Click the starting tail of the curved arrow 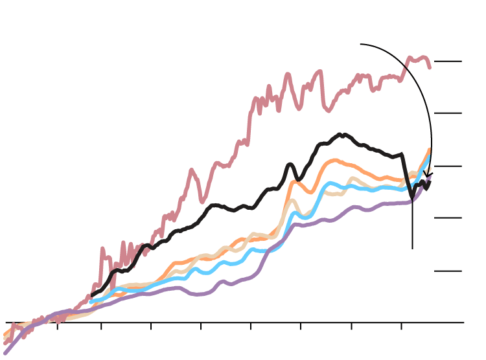pyautogui.click(x=361, y=45)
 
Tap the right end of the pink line pyautogui.click(x=429, y=67)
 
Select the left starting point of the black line pyautogui.click(x=93, y=295)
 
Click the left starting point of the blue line pyautogui.click(x=91, y=301)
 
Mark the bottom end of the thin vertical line pyautogui.click(x=412, y=249)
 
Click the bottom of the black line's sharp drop pyautogui.click(x=412, y=197)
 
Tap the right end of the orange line pyautogui.click(x=429, y=150)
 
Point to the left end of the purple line pyautogui.click(x=5, y=353)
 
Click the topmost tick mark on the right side pyautogui.click(x=448, y=62)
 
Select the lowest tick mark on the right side pyautogui.click(x=448, y=271)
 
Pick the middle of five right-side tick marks pyautogui.click(x=448, y=166)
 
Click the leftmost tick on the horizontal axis pyautogui.click(x=57, y=326)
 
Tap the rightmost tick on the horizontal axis pyautogui.click(x=401, y=326)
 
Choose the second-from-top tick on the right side pyautogui.click(x=448, y=113)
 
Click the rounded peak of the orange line pyautogui.click(x=334, y=161)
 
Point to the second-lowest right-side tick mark pyautogui.click(x=448, y=218)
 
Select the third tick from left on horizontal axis pyautogui.click(x=151, y=326)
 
